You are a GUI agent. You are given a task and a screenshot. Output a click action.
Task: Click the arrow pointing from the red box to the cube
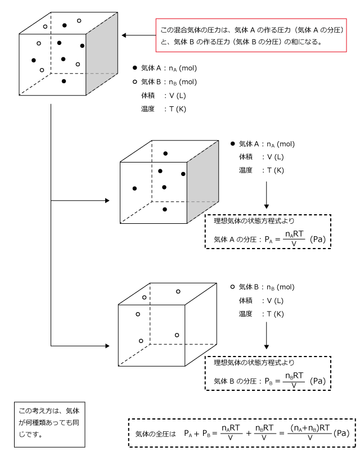pos(138,35)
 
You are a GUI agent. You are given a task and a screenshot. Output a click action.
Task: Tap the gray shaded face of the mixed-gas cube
pos(102,53)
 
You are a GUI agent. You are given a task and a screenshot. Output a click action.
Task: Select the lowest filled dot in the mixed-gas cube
pos(64,81)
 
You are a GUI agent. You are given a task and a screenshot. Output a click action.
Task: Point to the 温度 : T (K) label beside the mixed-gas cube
pos(164,109)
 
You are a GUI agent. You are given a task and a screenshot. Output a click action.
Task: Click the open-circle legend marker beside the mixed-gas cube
pos(134,82)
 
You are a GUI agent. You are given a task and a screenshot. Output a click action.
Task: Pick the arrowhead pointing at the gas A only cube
pos(107,201)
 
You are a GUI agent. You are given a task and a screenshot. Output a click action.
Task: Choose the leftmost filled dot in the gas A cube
pos(134,188)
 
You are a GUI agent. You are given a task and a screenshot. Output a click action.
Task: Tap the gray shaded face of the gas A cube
pos(203,182)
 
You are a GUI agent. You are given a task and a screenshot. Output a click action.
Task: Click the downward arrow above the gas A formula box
pos(267,195)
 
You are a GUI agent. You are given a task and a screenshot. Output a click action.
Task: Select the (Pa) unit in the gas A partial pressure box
pos(318,240)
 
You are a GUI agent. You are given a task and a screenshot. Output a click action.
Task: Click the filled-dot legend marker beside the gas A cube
pos(233,144)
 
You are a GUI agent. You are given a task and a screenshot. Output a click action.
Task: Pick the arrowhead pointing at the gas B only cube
pos(107,346)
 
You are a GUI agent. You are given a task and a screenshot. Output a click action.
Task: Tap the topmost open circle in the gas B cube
pos(178,292)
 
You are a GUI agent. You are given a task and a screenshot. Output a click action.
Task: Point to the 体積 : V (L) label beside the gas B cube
pos(261,301)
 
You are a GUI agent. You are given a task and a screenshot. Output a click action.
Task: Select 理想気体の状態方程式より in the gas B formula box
pos(254,363)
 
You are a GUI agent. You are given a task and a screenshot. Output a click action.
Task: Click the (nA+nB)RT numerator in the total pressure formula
pos(310,428)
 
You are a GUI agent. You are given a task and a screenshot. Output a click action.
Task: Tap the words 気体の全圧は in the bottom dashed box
pos(155,434)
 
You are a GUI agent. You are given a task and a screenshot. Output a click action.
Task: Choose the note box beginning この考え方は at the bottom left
pos(49,425)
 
